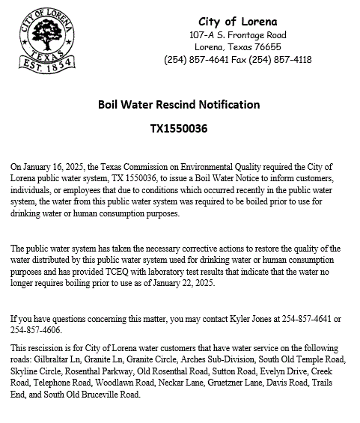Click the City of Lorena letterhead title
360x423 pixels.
(237, 21)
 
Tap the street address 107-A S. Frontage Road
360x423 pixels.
(237, 35)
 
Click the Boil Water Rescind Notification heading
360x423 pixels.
(179, 104)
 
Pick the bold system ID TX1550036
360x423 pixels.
(179, 128)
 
